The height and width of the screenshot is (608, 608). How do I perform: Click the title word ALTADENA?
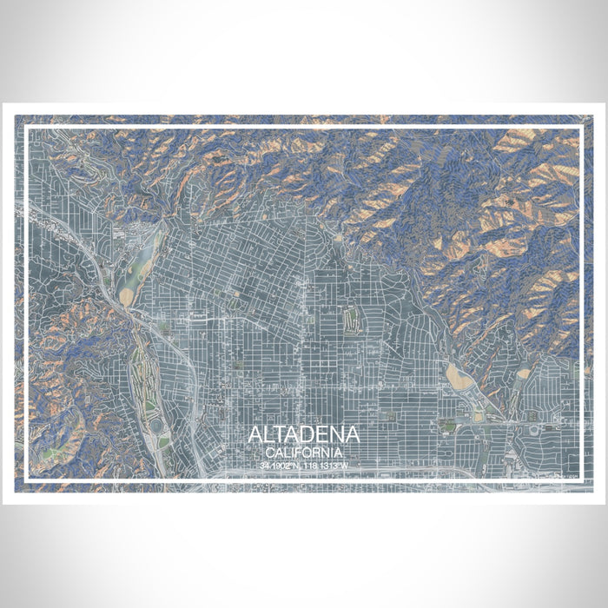tap(304, 435)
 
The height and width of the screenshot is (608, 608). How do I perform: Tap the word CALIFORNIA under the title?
tap(304, 453)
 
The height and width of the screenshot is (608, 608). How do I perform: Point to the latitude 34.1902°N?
tap(280, 466)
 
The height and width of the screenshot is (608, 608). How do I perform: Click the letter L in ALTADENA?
tap(269, 435)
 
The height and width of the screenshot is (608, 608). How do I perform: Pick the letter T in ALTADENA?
tap(282, 435)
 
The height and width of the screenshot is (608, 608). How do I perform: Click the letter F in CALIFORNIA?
tap(301, 453)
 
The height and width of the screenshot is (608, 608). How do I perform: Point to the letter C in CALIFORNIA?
tap(270, 453)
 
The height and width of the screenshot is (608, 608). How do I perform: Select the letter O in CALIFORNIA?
tap(308, 453)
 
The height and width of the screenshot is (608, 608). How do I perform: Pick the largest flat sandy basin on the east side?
tap(455, 377)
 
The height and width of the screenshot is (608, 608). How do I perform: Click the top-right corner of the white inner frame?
tap(580, 128)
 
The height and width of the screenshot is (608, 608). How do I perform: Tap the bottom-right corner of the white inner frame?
tap(580, 480)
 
